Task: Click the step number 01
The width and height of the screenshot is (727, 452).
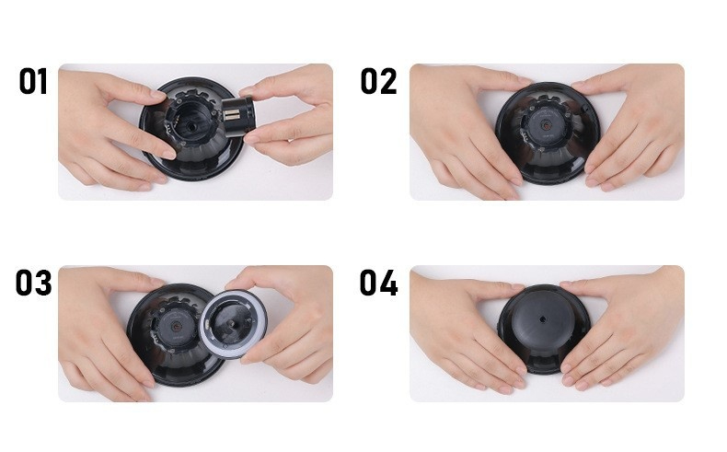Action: [33, 81]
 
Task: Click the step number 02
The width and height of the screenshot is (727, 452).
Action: [378, 81]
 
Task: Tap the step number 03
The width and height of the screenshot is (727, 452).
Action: [33, 283]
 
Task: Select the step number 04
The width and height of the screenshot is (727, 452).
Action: [378, 283]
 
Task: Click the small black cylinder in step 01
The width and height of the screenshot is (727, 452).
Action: [238, 116]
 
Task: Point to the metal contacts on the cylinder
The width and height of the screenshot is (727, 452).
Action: [231, 115]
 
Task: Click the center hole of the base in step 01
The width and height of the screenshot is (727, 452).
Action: [191, 126]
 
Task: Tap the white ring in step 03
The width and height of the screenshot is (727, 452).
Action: [228, 325]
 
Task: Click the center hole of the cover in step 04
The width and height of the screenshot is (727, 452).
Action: [543, 319]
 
